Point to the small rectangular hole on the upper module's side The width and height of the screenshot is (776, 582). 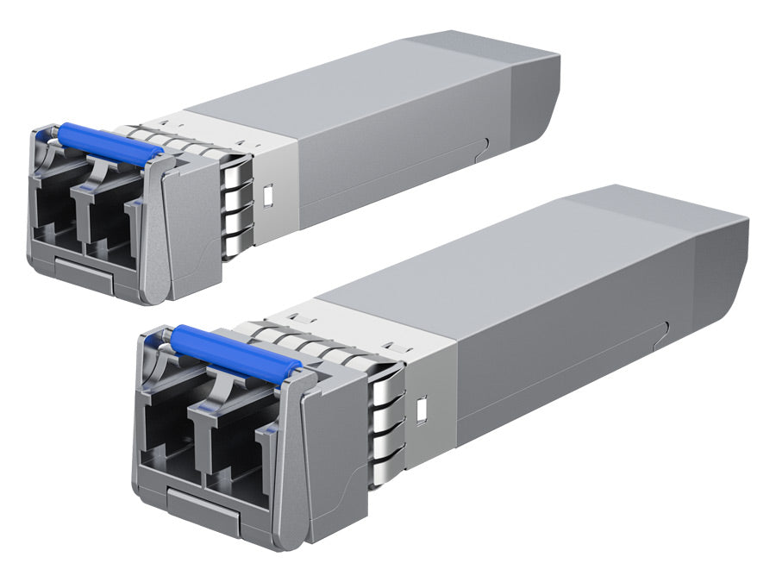click(267, 196)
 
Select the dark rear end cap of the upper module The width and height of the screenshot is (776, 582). click(535, 95)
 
